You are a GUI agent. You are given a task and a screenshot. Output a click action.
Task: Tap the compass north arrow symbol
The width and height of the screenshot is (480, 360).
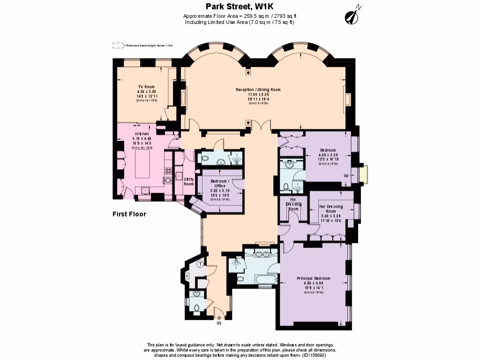coord(352,16)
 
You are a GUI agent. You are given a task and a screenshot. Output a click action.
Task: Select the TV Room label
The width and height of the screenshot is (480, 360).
coord(146,87)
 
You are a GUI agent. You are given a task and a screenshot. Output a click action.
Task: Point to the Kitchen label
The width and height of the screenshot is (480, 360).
coord(142,134)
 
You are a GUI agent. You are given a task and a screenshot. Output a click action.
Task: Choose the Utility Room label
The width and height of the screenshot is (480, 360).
coord(189,181)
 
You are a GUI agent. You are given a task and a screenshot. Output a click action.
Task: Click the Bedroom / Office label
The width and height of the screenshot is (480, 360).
coord(219,183)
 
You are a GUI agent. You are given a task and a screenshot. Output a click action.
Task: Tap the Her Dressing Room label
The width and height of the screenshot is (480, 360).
coord(330,209)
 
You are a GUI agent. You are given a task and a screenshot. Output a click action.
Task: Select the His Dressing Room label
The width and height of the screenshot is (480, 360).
coord(293,207)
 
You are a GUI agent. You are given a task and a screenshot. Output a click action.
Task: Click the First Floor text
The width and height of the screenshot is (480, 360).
coord(129,214)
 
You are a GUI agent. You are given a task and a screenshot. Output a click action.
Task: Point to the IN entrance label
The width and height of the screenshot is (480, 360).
coord(218,323)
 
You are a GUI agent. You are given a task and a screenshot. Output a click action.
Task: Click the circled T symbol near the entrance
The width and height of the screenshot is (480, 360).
coord(200,264)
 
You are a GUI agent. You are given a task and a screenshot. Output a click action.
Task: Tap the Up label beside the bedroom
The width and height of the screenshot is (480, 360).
coord(346,176)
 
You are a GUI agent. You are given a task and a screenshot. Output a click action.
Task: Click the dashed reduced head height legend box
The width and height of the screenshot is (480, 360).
coord(118,45)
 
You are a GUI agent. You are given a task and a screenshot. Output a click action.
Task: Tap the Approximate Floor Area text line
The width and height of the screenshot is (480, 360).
coord(240,16)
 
